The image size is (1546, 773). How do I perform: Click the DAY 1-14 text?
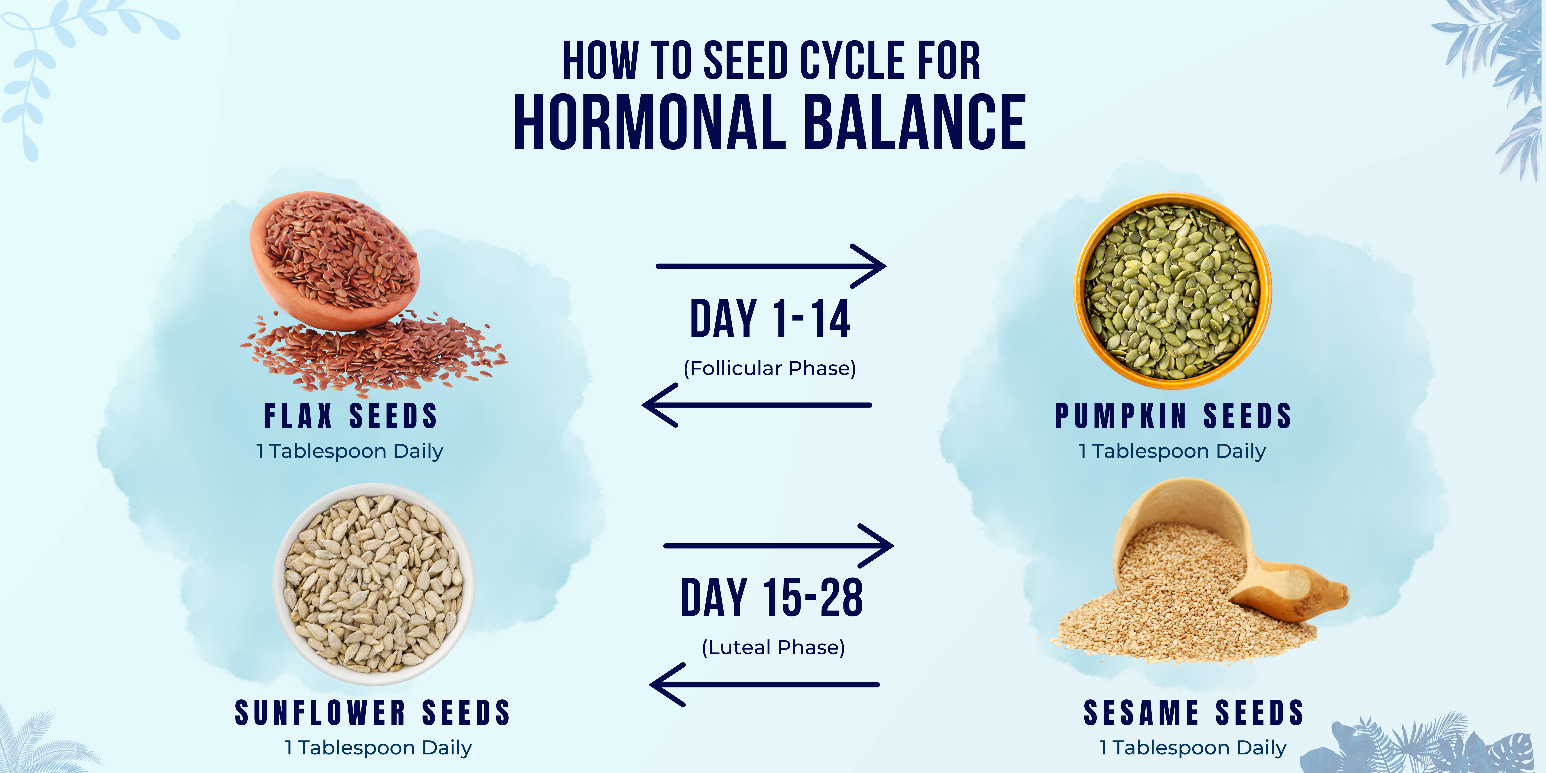[x=770, y=319]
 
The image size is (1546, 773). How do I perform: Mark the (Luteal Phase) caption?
[x=773, y=648]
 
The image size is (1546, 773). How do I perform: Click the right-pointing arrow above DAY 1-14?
[x=771, y=266]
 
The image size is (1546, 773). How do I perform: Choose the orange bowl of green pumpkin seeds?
[x=1172, y=291]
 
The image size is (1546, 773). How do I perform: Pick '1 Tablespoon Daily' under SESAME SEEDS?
[x=1193, y=748]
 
